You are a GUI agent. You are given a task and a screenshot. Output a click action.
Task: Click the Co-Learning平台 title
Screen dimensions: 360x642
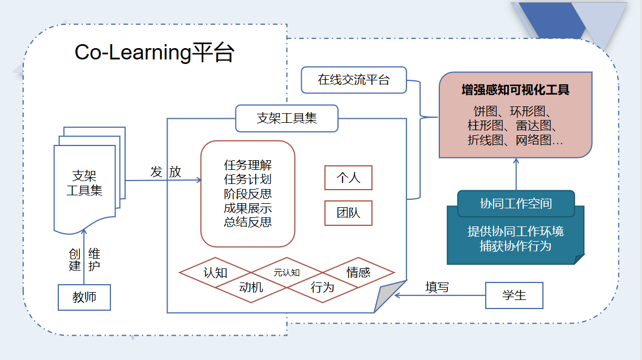[154, 53]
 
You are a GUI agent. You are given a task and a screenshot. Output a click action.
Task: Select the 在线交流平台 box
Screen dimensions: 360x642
[354, 80]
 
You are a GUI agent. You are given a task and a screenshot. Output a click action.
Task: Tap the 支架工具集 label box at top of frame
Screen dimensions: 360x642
[286, 118]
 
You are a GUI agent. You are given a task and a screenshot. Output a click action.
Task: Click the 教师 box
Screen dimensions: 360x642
[84, 297]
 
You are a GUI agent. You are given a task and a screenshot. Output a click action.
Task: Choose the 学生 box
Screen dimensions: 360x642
[514, 295]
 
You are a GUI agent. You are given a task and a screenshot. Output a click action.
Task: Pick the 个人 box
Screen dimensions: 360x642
[348, 178]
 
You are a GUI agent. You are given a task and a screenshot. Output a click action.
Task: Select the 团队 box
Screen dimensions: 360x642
[348, 213]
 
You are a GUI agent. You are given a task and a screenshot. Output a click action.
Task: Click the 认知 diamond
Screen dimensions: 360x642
[215, 272]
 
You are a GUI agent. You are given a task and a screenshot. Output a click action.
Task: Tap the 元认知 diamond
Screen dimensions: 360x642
[286, 272]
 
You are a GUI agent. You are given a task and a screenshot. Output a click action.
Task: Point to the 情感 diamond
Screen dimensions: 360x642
[358, 272]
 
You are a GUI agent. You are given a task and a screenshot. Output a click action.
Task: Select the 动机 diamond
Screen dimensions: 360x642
[251, 287]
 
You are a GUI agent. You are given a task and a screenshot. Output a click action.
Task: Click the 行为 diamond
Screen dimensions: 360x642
[322, 287]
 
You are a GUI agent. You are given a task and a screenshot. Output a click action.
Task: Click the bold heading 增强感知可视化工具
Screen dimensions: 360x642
[515, 90]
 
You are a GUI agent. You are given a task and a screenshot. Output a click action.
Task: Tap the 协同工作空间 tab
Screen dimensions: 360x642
[516, 204]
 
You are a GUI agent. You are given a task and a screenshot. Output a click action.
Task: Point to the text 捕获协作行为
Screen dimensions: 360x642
[515, 246]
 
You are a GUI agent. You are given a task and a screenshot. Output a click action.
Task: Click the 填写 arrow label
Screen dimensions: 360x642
[437, 287]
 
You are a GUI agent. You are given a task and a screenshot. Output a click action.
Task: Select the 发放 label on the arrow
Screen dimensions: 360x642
[166, 172]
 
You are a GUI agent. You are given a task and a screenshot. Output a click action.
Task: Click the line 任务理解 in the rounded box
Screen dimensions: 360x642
[248, 165]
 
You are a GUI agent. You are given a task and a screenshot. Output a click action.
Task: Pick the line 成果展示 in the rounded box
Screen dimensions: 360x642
[248, 208]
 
